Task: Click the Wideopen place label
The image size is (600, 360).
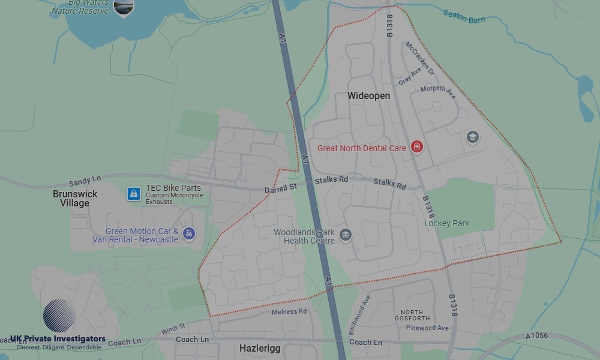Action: [368, 96]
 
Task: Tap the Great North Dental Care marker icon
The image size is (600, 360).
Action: [417, 147]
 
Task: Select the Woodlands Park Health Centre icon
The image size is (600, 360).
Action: [345, 235]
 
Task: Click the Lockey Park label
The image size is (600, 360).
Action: [446, 223]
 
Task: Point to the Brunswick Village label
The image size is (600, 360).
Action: [75, 199]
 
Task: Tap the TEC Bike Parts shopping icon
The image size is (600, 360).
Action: [134, 194]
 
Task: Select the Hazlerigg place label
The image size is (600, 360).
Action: [259, 348]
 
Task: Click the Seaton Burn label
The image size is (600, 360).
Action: [464, 16]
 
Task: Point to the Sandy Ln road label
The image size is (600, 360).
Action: [85, 180]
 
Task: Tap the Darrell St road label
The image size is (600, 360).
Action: [281, 189]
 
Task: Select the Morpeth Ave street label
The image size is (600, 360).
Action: [438, 92]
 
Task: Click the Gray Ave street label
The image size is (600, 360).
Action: [410, 79]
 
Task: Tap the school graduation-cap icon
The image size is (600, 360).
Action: [473, 137]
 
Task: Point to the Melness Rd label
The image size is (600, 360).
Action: [289, 312]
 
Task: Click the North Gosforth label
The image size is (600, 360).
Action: [412, 315]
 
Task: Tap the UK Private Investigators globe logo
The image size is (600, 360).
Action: [59, 316]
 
